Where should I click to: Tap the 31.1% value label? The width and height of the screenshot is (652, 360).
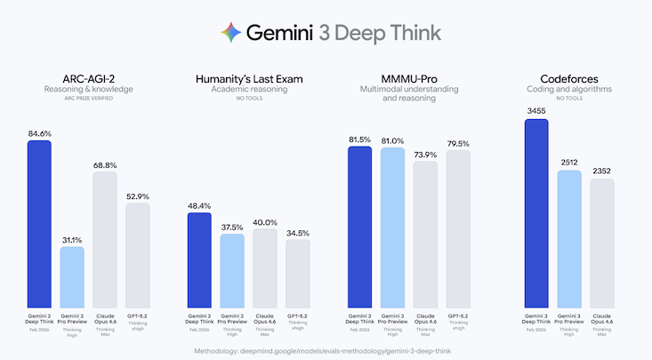72,239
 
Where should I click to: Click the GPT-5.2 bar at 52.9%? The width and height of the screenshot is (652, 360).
138,253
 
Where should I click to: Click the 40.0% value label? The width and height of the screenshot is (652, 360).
265,221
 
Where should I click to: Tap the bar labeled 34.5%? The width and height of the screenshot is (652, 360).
298,271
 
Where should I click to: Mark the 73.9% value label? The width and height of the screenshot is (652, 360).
425,155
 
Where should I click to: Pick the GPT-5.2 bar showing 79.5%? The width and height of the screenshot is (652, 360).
458,228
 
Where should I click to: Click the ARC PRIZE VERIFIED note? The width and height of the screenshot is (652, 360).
88,99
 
